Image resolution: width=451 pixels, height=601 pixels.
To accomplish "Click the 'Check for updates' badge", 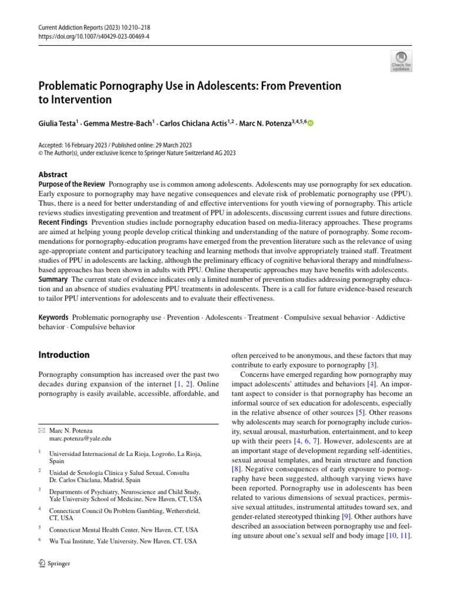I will (x=401, y=61).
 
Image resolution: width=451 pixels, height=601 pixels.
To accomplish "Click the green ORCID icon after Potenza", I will (x=311, y=123).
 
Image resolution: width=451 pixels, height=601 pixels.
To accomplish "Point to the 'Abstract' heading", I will (x=52, y=175).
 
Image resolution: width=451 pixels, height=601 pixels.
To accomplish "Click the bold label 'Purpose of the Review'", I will (x=72, y=184).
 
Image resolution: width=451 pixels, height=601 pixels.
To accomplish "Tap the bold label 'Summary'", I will (x=53, y=279).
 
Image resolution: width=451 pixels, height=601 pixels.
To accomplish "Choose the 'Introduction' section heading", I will (x=63, y=355).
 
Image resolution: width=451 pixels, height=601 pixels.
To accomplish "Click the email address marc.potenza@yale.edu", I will (x=80, y=438).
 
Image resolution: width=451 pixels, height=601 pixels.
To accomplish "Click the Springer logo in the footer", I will (x=53, y=563).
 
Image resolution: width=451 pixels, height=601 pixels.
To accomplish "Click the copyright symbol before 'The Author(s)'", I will (x=41, y=153).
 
